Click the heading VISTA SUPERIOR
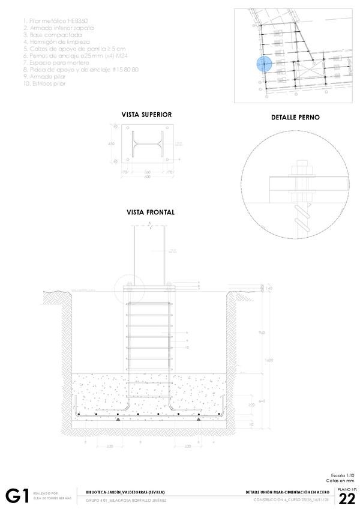[146, 114]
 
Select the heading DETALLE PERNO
[296, 118]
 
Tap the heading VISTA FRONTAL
[150, 212]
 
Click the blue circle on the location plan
[265, 64]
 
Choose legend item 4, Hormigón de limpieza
[56, 42]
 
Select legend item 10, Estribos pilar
[44, 83]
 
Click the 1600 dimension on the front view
[269, 360]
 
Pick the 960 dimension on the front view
[262, 332]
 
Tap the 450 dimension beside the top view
[111, 144]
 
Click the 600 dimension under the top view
[146, 176]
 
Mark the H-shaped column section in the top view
[146, 144]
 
